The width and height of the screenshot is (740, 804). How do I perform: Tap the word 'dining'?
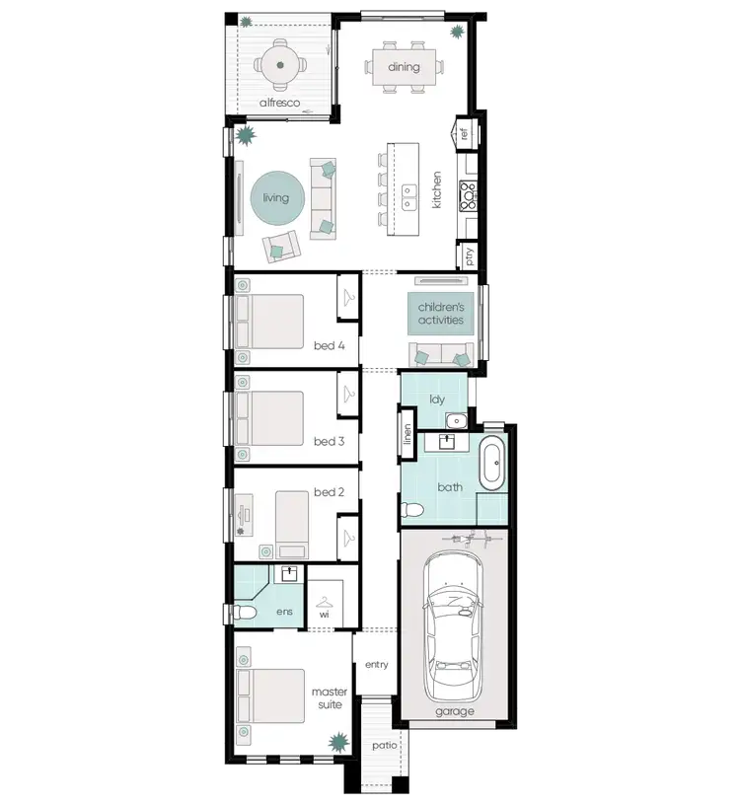[404, 67]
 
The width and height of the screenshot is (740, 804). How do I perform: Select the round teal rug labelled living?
[276, 198]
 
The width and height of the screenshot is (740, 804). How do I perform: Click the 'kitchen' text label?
[436, 188]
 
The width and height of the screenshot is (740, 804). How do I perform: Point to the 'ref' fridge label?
[463, 133]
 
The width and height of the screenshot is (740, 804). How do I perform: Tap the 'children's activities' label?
[440, 314]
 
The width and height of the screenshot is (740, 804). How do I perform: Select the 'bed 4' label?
[329, 345]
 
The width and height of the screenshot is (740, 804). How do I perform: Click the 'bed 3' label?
[329, 441]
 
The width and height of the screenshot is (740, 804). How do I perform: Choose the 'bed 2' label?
[329, 519]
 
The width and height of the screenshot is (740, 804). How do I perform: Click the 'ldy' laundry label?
[437, 400]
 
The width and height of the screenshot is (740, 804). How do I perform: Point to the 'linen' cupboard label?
[407, 435]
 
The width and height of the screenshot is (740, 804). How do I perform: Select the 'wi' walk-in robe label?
[324, 614]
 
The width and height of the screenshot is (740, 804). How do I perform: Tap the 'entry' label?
[376, 665]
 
